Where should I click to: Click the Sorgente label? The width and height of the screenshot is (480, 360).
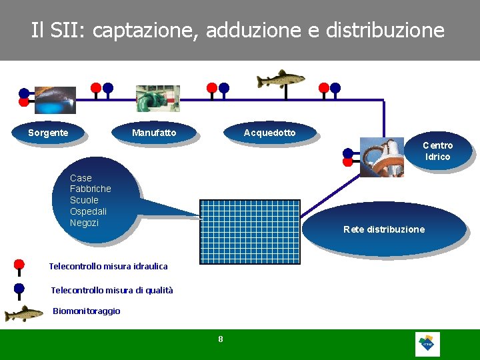pyautogui.click(x=48, y=133)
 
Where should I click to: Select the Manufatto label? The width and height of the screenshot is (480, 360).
pyautogui.click(x=154, y=133)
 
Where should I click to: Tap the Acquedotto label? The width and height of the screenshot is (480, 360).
pyautogui.click(x=269, y=133)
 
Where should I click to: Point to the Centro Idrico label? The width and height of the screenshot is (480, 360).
pyautogui.click(x=437, y=151)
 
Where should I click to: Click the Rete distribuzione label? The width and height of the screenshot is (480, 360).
pyautogui.click(x=383, y=229)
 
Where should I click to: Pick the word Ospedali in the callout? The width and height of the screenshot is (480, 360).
pyautogui.click(x=88, y=211)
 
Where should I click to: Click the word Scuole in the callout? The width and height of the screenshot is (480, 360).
pyautogui.click(x=84, y=200)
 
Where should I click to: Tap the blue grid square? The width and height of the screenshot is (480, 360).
pyautogui.click(x=249, y=231)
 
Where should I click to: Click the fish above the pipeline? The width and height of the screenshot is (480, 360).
pyautogui.click(x=281, y=79)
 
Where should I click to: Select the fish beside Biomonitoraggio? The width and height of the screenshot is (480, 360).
pyautogui.click(x=24, y=313)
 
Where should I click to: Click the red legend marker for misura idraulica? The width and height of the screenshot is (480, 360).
pyautogui.click(x=19, y=265)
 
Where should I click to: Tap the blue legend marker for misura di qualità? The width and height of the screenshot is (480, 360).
pyautogui.click(x=19, y=289)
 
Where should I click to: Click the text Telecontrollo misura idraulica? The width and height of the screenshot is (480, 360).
pyautogui.click(x=108, y=267)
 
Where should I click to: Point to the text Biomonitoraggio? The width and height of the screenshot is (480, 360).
pyautogui.click(x=87, y=311)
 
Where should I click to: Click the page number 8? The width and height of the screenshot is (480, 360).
pyautogui.click(x=221, y=339)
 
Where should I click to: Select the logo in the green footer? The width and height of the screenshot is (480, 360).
pyautogui.click(x=427, y=344)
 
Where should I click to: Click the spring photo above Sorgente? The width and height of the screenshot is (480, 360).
pyautogui.click(x=55, y=99)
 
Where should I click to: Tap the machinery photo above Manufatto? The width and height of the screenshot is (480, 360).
pyautogui.click(x=157, y=98)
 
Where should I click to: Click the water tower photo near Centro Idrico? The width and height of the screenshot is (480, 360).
pyautogui.click(x=382, y=157)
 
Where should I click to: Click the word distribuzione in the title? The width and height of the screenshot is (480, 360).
pyautogui.click(x=385, y=30)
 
